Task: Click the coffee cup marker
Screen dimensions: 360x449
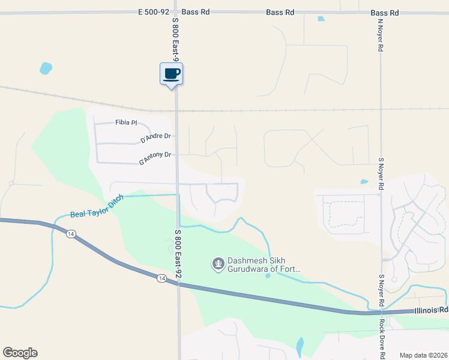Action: pyautogui.click(x=171, y=74)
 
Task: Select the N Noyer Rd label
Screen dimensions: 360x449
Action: pyautogui.click(x=380, y=36)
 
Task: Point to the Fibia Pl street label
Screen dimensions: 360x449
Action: pyautogui.click(x=126, y=123)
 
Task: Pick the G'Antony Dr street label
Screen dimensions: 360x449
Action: pyautogui.click(x=155, y=158)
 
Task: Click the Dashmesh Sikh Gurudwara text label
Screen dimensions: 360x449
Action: pyautogui.click(x=262, y=265)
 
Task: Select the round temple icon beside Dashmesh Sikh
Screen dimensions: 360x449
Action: pyautogui.click(x=217, y=263)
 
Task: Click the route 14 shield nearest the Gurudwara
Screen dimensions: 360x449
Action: pyautogui.click(x=161, y=278)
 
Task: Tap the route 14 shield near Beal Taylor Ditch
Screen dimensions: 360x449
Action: pyautogui.click(x=71, y=234)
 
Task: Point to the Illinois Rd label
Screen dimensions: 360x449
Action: pyautogui.click(x=431, y=311)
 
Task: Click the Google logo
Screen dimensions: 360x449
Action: pyautogui.click(x=20, y=353)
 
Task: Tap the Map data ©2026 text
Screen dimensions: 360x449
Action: pyautogui.click(x=423, y=355)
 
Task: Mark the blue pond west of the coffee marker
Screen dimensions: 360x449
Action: pyautogui.click(x=46, y=68)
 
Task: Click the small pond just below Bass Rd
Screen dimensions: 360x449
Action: pyautogui.click(x=321, y=19)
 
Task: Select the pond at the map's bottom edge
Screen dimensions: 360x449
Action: pyautogui.click(x=300, y=346)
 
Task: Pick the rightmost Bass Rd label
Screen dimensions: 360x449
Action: pyautogui.click(x=385, y=12)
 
